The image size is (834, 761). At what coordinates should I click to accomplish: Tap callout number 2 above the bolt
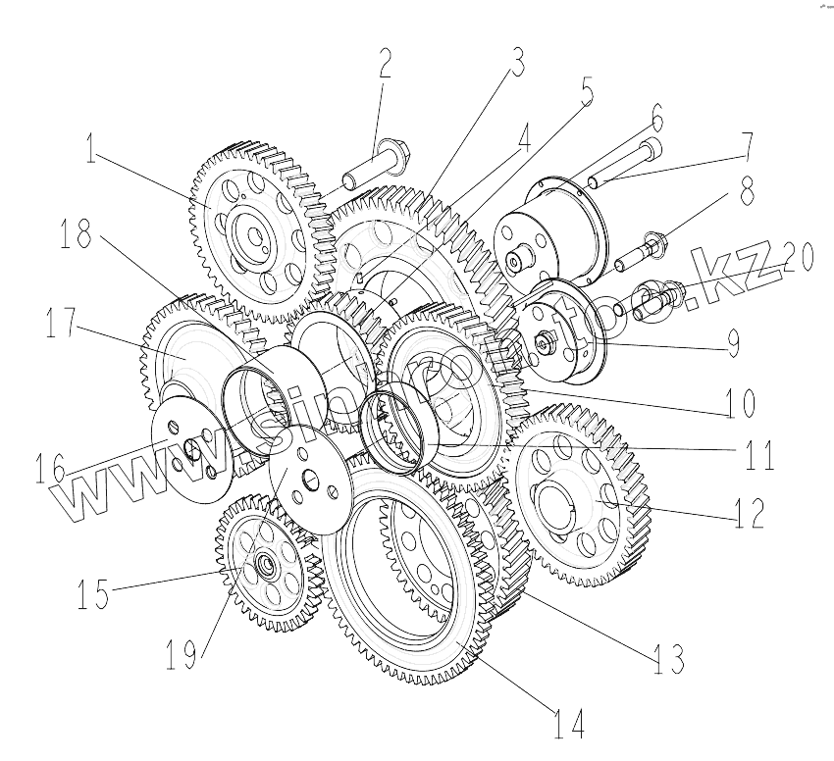pos(384,66)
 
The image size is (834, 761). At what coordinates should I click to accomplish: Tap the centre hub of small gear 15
pos(264,566)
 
